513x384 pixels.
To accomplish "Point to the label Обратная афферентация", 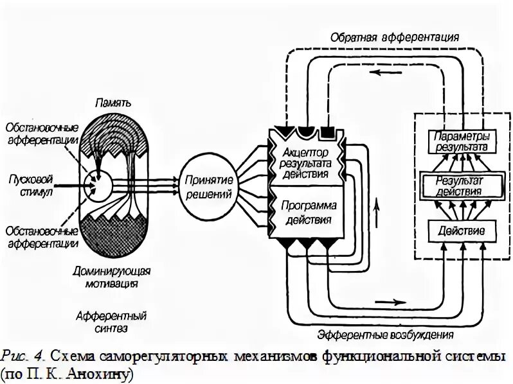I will point(395,37).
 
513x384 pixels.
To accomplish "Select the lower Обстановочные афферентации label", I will point(40,237).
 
